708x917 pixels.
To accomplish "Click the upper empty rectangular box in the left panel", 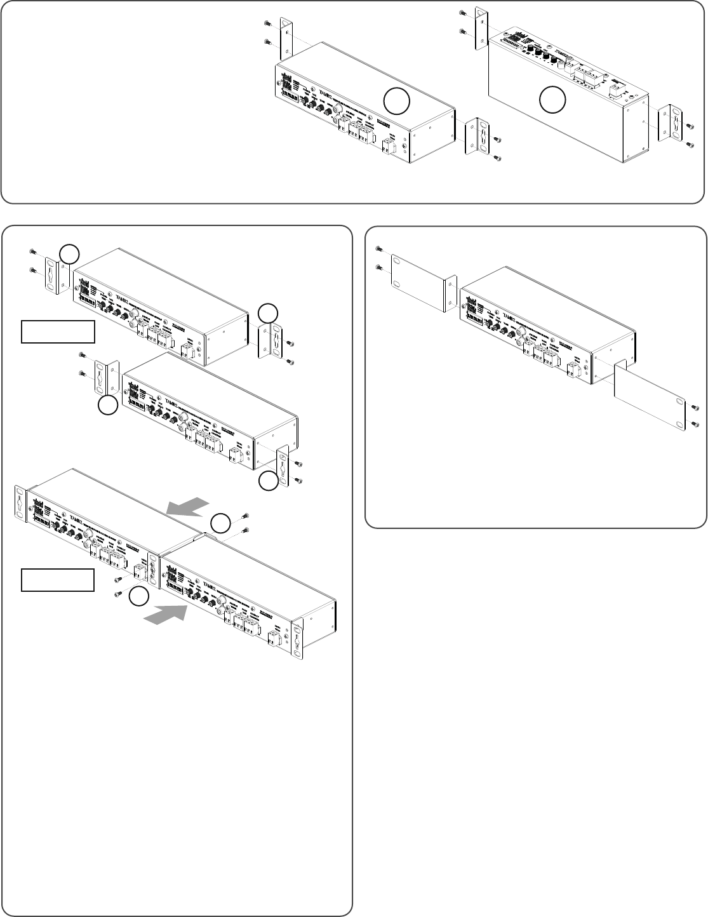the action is pos(58,331).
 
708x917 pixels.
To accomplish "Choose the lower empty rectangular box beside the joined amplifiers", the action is pos(58,580).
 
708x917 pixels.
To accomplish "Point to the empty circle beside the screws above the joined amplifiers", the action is pos(220,524).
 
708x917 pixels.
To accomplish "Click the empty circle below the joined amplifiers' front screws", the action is pos(140,597).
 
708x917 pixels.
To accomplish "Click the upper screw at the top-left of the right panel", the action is pos(379,248).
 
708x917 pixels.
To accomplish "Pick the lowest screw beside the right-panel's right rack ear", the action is pos(695,424).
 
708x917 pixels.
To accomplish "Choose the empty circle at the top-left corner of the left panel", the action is pos(69,254).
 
